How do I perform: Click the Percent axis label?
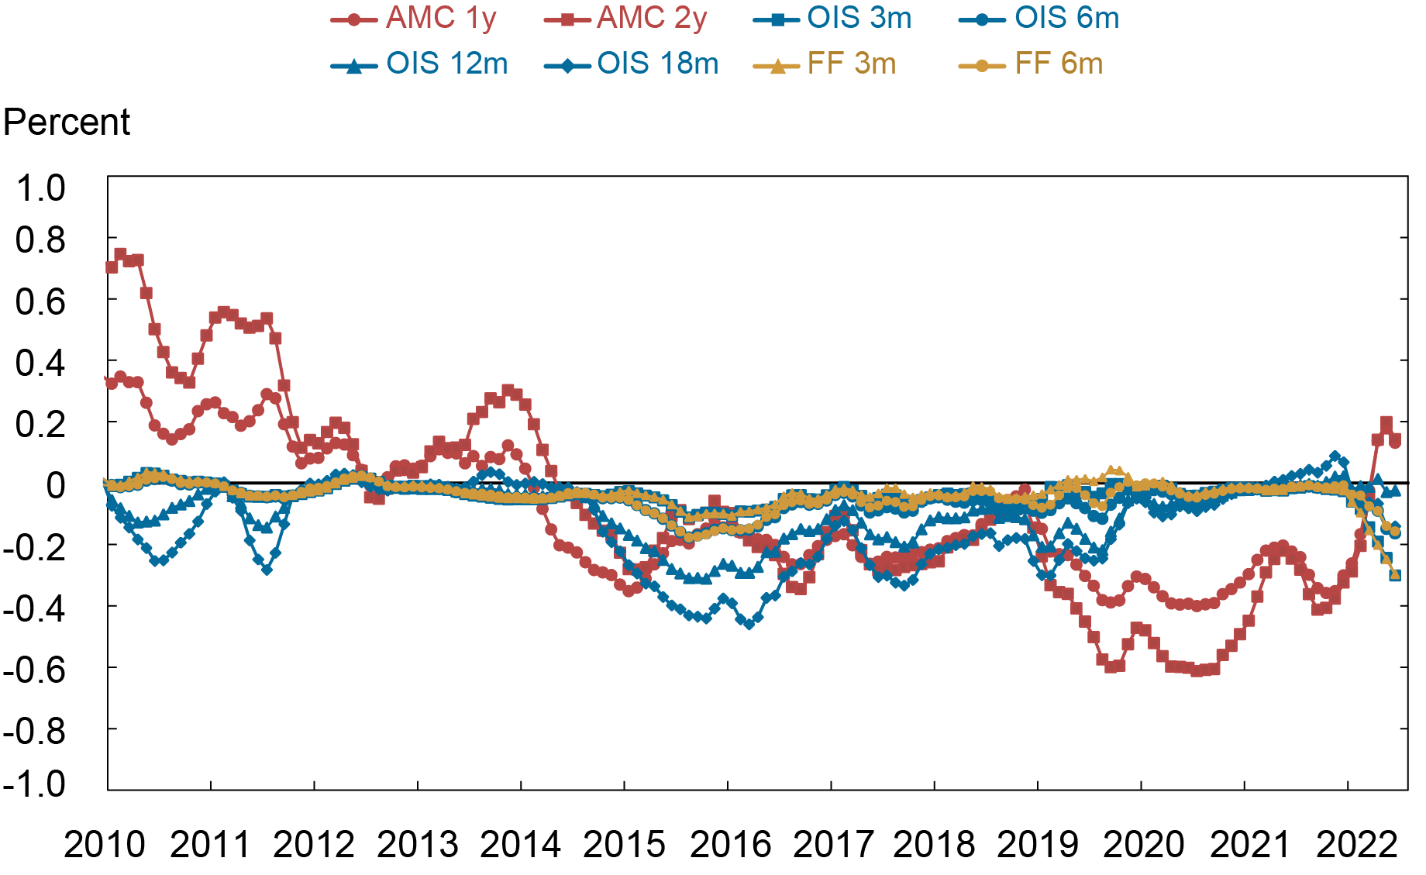point(67,122)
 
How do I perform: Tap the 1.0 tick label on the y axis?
point(40,188)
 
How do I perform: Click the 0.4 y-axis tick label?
point(40,363)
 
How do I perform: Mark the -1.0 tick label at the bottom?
point(34,784)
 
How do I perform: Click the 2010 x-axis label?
point(105,845)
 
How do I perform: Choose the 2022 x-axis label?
point(1356,845)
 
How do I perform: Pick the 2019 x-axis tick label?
point(1038,845)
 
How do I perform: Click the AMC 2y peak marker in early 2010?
point(120,254)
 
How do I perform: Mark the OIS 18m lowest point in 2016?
point(749,623)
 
